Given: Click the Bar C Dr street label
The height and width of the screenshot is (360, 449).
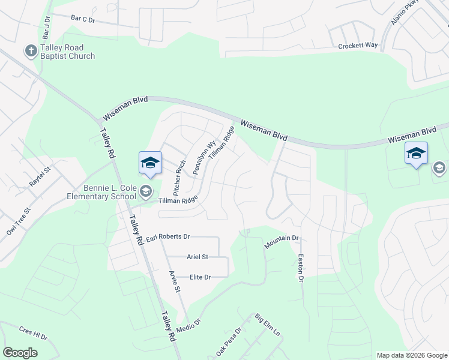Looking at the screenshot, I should tap(83, 19).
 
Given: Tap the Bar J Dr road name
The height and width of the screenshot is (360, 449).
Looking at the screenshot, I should tap(46, 27).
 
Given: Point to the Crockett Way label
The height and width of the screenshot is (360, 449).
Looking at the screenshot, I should tap(358, 46).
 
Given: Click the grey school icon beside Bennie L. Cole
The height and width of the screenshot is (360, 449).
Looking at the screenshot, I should tap(145, 192).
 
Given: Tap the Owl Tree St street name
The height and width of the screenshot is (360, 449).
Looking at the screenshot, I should tap(17, 224).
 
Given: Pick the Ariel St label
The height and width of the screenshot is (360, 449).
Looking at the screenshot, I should tap(197, 257).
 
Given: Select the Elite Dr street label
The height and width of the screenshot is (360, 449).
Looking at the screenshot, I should tap(200, 277).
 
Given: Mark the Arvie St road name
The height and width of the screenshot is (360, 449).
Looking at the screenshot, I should tap(175, 281).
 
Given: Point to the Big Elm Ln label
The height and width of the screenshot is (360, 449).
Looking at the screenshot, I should tap(267, 325).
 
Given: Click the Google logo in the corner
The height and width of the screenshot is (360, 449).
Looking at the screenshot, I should tap(20, 353).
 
